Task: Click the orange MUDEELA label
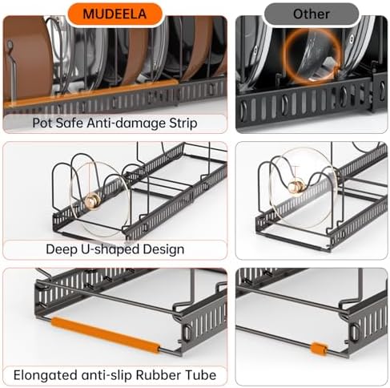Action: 115,14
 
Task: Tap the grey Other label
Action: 312,14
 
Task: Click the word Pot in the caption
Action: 41,123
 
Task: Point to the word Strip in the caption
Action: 183,123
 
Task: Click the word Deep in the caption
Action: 59,249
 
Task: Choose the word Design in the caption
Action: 163,249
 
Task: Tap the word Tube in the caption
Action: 199,375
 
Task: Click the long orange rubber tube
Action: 106,335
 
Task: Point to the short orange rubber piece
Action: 319,349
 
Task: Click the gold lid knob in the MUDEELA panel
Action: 92,200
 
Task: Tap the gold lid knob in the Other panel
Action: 296,185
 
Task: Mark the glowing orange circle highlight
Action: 312,57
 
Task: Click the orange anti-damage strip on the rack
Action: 90,94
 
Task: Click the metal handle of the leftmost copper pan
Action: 10,67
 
